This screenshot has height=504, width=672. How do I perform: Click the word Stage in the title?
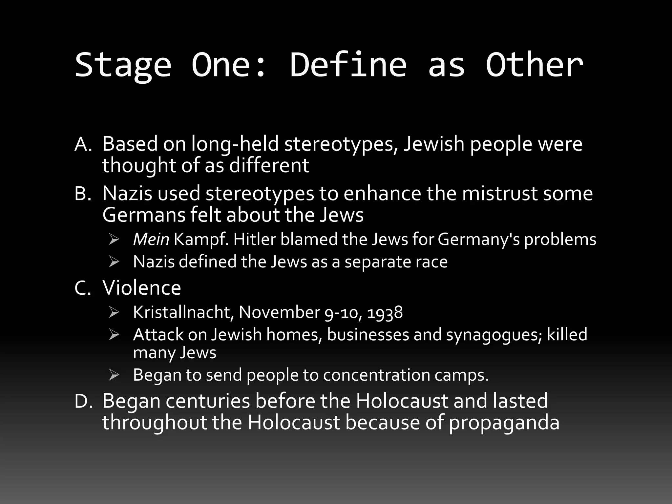123,65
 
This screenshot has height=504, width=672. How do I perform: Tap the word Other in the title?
534,65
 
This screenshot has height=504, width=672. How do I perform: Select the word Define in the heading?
348,65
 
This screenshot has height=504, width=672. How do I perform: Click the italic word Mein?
151,240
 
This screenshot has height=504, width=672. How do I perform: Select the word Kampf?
200,240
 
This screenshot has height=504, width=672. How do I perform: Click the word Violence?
141,288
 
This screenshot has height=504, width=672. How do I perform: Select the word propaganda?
504,423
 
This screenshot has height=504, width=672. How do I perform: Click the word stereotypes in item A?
341,144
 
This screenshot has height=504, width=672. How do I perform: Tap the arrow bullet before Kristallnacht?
114,313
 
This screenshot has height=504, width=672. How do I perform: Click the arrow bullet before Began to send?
114,375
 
